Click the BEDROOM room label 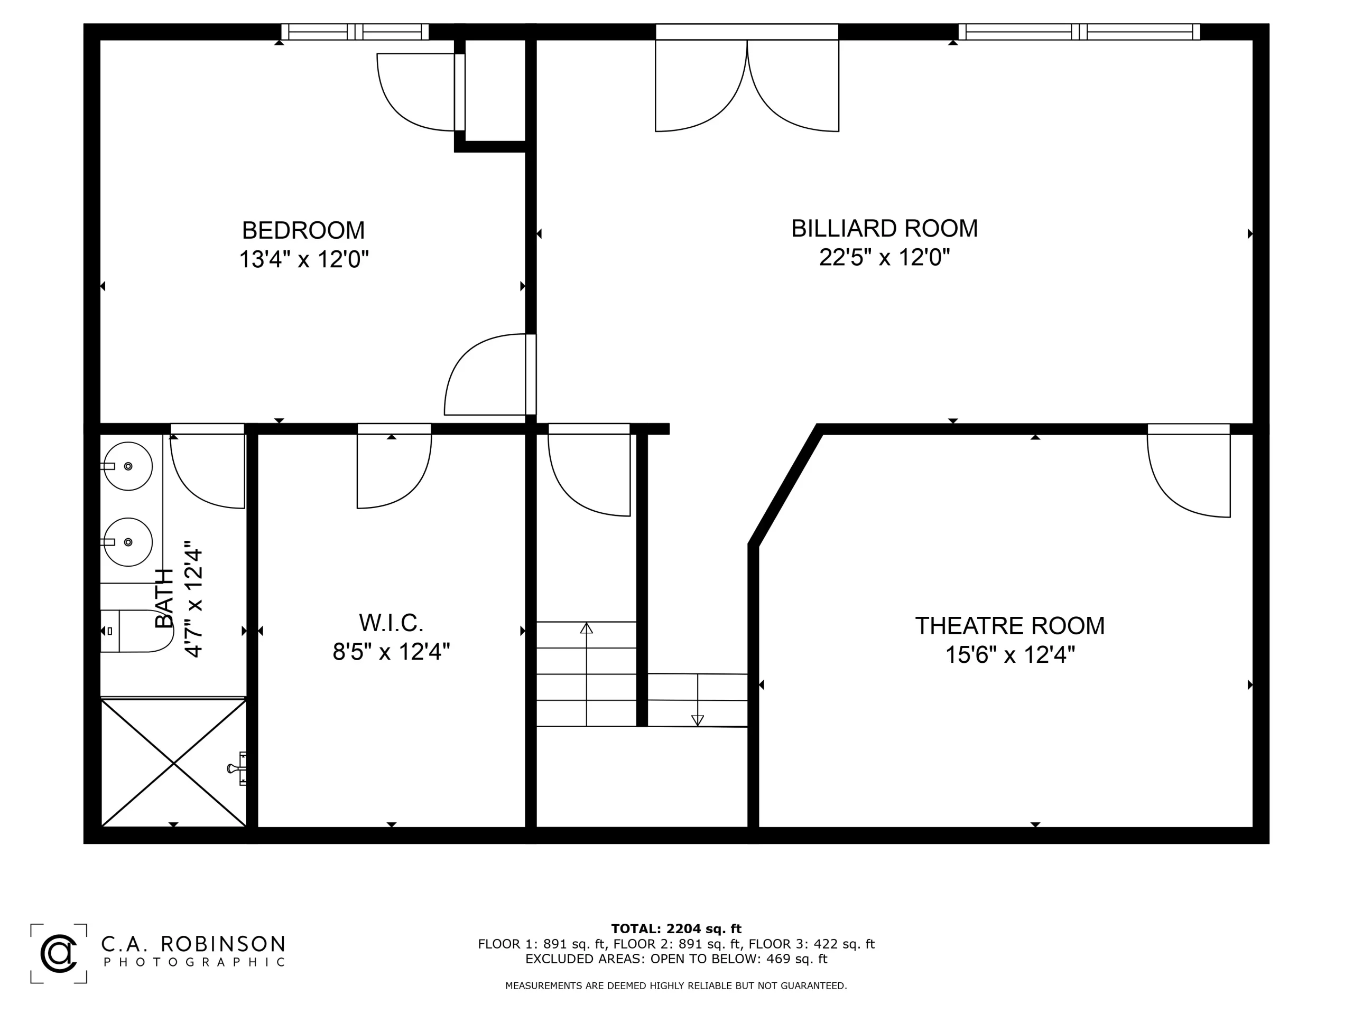coord(303,230)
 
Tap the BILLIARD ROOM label coord(884,229)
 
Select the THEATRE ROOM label coord(1010,626)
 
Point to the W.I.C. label coord(391,623)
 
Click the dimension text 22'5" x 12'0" coord(884,257)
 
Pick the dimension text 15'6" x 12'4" coord(1010,654)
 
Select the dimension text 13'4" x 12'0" coord(303,259)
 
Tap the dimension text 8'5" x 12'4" coord(391,652)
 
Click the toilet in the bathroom coord(137,631)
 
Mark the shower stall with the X coord(174,763)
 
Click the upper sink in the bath coord(127,466)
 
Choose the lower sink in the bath coord(127,542)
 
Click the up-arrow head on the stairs coord(587,628)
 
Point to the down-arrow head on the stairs coord(697,720)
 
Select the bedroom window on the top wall coord(355,32)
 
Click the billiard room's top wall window coord(1080,32)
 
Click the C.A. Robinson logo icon coord(59,953)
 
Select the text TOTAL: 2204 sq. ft coord(676,929)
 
